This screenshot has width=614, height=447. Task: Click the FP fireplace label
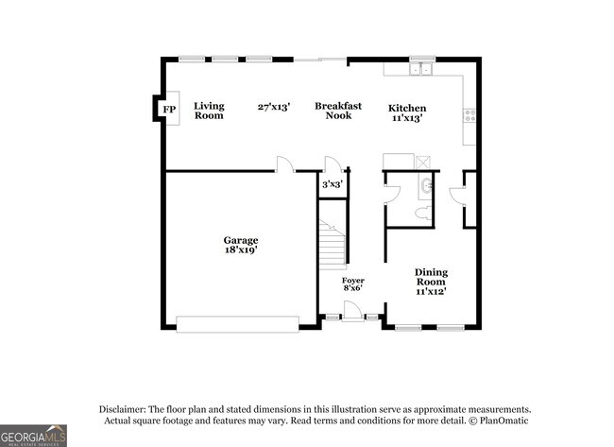pyautogui.click(x=169, y=110)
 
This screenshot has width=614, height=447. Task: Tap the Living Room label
pyautogui.click(x=209, y=111)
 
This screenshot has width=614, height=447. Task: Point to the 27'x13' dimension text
pyautogui.click(x=273, y=107)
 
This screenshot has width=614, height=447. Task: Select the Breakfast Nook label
pyautogui.click(x=338, y=111)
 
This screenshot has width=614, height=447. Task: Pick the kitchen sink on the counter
pyautogui.click(x=420, y=69)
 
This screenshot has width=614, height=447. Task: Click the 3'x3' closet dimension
pyautogui.click(x=333, y=184)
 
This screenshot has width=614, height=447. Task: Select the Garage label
pyautogui.click(x=240, y=240)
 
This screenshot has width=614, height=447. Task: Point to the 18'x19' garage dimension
pyautogui.click(x=240, y=251)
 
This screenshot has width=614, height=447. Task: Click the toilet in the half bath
pyautogui.click(x=422, y=215)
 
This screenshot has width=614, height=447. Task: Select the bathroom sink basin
pyautogui.click(x=425, y=185)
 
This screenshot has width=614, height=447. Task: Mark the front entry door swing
pyautogui.click(x=351, y=310)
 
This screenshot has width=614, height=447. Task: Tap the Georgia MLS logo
pyautogui.click(x=33, y=435)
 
